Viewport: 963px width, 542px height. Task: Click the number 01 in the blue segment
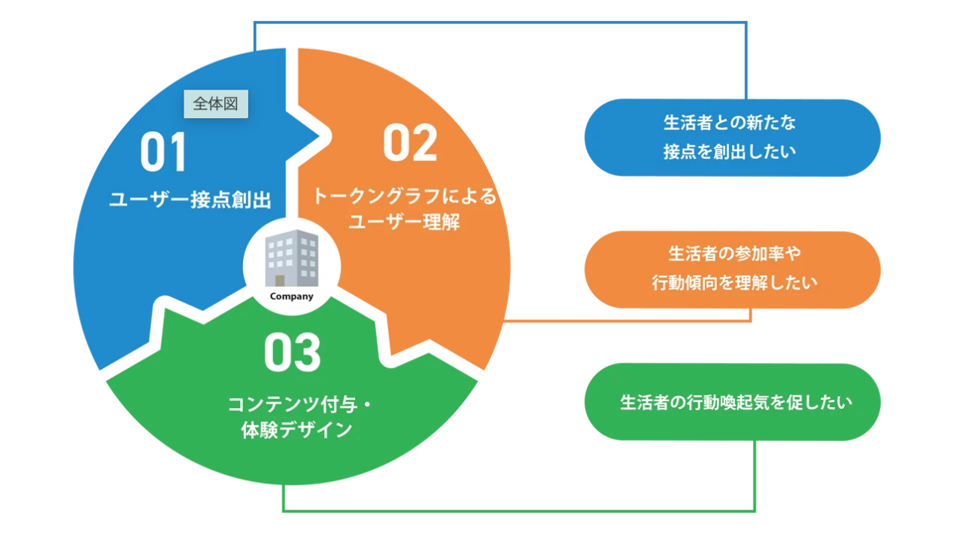click(x=163, y=153)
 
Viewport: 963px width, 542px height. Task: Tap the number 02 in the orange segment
click(x=410, y=143)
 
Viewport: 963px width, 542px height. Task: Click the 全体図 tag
click(x=216, y=105)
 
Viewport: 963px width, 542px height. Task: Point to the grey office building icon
click(x=292, y=258)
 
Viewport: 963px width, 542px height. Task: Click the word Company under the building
click(x=292, y=296)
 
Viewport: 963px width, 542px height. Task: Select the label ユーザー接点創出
click(x=190, y=200)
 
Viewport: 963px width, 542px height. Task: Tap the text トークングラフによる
click(x=406, y=197)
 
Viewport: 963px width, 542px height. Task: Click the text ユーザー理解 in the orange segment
click(x=405, y=223)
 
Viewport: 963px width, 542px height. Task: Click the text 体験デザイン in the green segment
click(x=297, y=430)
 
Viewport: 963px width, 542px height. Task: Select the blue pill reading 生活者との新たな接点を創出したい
click(x=732, y=138)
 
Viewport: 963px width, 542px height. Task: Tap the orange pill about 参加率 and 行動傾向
click(x=732, y=269)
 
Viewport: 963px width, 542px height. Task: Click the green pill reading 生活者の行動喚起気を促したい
click(x=732, y=402)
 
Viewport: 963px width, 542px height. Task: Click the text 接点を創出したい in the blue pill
click(x=730, y=151)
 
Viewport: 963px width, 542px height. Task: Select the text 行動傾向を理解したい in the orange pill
click(x=734, y=283)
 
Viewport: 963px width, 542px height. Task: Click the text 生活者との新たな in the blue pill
click(x=730, y=123)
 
